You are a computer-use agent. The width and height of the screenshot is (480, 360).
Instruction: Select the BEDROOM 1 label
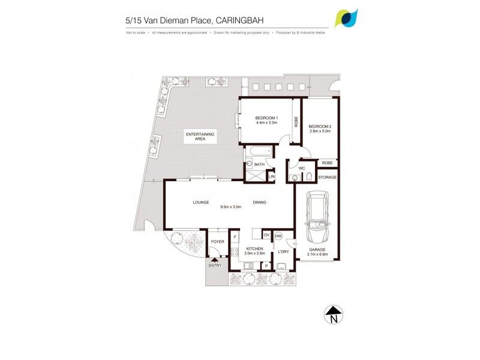click(265, 117)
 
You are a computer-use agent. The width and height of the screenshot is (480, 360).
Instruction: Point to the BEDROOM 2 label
click(320, 127)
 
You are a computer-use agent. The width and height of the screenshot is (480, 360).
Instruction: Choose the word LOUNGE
click(200, 202)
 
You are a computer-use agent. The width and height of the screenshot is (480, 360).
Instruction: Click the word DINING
click(259, 202)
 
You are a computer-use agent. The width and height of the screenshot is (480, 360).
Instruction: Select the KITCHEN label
click(256, 248)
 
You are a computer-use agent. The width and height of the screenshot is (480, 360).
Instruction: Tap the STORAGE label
click(328, 178)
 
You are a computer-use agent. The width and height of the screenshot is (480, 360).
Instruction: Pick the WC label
click(302, 168)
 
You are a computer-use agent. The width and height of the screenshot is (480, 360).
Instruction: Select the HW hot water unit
click(278, 236)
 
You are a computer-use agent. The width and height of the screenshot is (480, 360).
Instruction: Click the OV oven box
click(266, 235)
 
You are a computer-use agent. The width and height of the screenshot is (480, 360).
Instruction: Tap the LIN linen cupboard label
click(271, 177)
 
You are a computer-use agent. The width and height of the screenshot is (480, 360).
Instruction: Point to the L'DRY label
click(283, 251)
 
